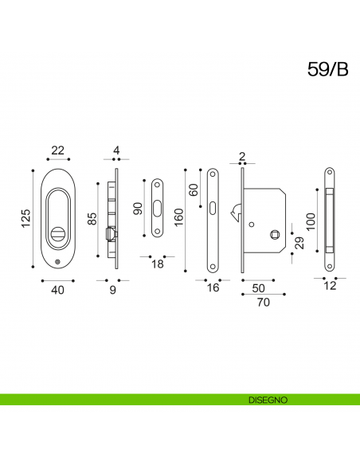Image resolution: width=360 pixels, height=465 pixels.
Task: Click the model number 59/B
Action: click(327, 69)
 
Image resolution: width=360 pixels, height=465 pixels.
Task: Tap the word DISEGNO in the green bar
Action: click(268, 400)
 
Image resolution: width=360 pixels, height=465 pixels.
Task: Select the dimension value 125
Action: click(26, 218)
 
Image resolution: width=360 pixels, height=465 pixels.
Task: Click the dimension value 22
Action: click(58, 150)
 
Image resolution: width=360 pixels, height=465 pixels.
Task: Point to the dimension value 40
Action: click(57, 290)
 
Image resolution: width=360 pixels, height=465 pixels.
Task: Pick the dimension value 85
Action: click(92, 218)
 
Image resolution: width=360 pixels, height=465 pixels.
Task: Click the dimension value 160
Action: click(179, 217)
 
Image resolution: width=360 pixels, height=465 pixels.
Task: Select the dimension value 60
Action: click(194, 190)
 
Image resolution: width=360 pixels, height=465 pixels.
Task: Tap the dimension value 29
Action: click(299, 243)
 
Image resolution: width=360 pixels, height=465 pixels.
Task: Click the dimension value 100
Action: click(311, 222)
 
